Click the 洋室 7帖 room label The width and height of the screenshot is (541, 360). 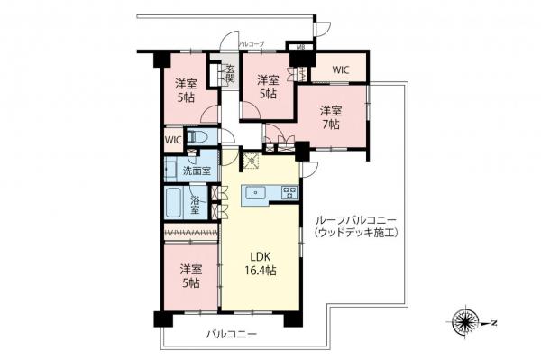(x=330, y=118)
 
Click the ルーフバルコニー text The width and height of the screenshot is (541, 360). (x=355, y=220)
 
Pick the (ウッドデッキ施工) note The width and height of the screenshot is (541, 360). (x=355, y=233)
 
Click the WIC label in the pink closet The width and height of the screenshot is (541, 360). (x=340, y=68)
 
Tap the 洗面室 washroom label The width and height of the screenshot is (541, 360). (x=197, y=170)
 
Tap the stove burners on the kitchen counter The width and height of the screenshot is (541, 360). (x=288, y=191)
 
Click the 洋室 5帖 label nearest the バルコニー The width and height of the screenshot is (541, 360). (x=188, y=275)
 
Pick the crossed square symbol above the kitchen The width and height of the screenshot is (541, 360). (x=251, y=162)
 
